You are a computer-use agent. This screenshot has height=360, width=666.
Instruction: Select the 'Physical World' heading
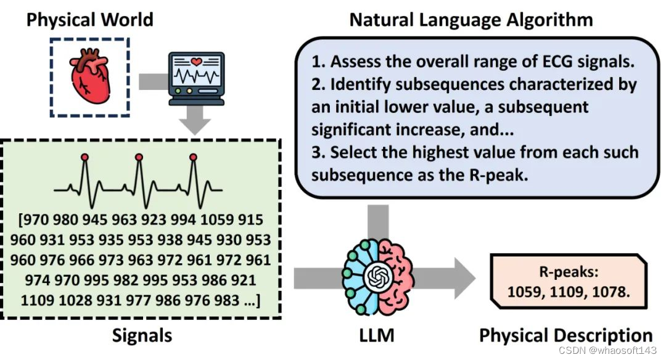pos(89,19)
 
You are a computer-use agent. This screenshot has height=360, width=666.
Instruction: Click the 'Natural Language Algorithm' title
pos(471,19)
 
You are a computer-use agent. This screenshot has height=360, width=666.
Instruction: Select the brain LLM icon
pos(376,277)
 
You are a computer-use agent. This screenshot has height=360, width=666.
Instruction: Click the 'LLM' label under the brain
pos(376,336)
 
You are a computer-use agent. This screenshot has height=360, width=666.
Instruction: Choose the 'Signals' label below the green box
pos(142,336)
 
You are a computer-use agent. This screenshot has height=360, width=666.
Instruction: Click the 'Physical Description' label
pos(565,336)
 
